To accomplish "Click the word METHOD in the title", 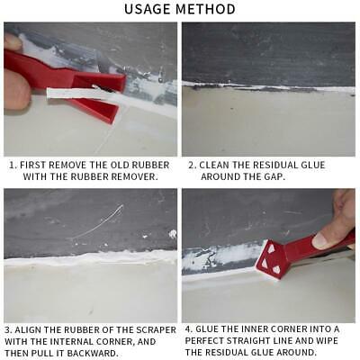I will click(207, 10).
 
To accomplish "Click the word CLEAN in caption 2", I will click(218, 166).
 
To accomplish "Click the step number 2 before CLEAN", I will click(191, 166).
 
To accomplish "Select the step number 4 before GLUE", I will click(189, 329).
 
